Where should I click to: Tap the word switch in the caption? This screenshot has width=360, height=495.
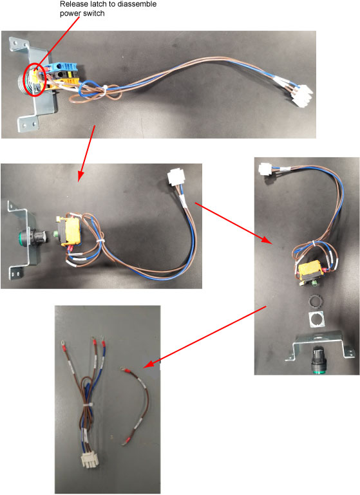[95, 14]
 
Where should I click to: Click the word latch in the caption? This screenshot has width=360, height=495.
[97, 5]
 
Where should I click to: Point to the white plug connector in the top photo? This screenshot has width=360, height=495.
[303, 95]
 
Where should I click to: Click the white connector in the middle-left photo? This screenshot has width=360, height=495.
[175, 178]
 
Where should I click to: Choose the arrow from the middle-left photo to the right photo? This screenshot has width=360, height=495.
[233, 223]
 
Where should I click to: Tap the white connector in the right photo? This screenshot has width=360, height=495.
[265, 169]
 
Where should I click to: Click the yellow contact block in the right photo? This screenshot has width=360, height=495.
[310, 269]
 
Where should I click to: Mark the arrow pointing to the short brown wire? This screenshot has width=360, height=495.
[205, 337]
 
